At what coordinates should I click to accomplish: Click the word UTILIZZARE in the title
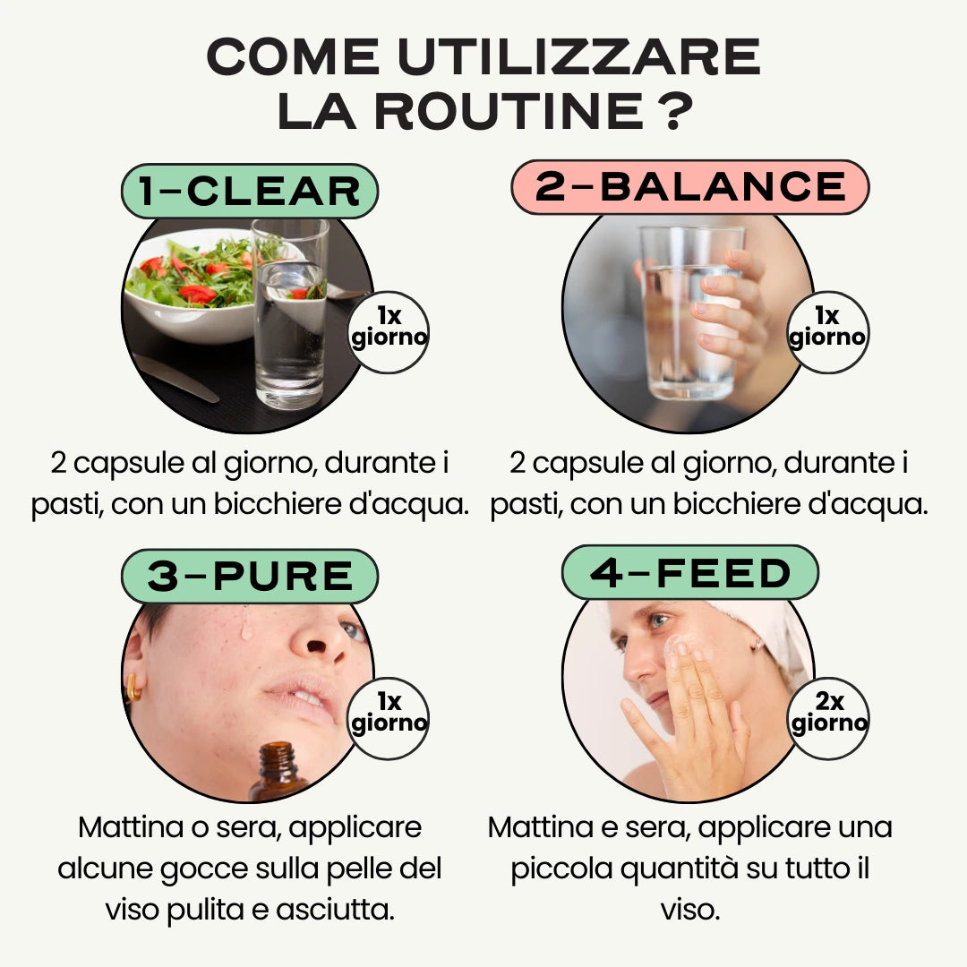[579, 56]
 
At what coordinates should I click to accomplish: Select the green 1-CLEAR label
[250, 192]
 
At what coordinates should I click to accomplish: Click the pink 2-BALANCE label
[690, 187]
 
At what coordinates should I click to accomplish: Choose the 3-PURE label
[250, 577]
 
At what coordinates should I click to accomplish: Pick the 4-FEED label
[690, 573]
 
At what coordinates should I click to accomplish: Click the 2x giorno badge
[828, 718]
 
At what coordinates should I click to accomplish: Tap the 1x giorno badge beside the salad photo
[388, 332]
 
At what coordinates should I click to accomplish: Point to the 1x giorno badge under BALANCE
[828, 332]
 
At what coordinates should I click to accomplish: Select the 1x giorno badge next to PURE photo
[388, 718]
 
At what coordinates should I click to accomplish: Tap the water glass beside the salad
[290, 314]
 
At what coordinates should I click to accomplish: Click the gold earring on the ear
[133, 688]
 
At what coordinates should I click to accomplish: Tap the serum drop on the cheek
[245, 623]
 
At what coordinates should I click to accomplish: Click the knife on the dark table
[175, 378]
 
